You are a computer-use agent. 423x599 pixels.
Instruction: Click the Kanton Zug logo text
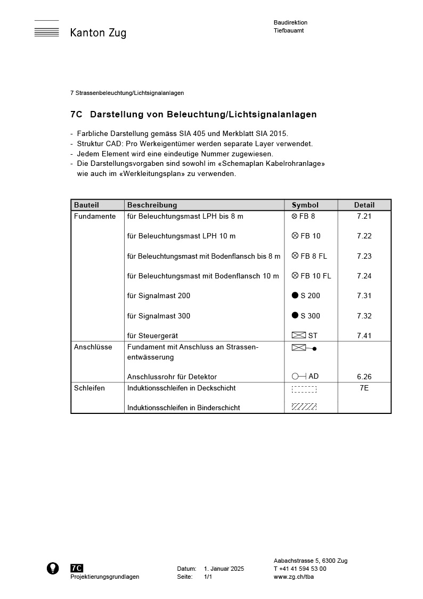tap(98, 33)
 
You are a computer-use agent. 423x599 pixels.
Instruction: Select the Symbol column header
tap(305, 205)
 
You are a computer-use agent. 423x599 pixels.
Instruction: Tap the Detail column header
tap(364, 205)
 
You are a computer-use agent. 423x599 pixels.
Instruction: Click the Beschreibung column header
tap(152, 205)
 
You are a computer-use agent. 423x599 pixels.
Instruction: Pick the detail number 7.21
tap(364, 216)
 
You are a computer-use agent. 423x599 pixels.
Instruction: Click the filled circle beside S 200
tap(295, 295)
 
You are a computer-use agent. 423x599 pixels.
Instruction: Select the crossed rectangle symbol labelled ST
tap(299, 336)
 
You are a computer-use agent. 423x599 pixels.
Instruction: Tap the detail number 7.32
tap(364, 316)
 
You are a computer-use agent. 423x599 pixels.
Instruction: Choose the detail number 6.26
tap(364, 377)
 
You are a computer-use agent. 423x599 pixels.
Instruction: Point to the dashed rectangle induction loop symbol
tap(304, 389)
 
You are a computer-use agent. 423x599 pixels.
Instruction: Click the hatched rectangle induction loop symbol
tap(304, 407)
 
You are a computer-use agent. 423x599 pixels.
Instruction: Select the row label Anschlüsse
tap(93, 347)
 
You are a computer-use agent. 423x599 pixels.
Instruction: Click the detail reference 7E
tap(364, 388)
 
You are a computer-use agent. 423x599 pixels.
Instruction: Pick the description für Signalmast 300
tap(158, 316)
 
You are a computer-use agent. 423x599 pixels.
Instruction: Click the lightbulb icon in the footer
tap(53, 568)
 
